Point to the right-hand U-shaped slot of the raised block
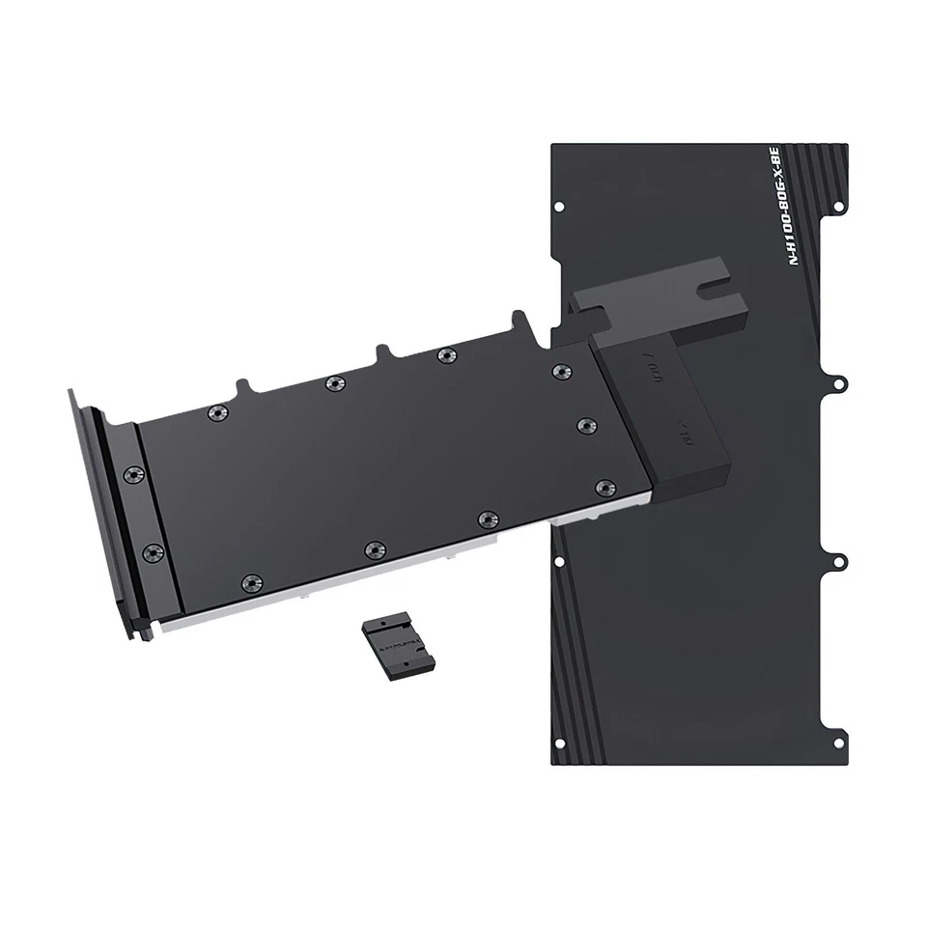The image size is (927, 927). coord(716,287)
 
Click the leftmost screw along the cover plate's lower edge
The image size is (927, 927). coord(251,582)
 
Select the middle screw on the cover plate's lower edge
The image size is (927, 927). coord(373,549)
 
